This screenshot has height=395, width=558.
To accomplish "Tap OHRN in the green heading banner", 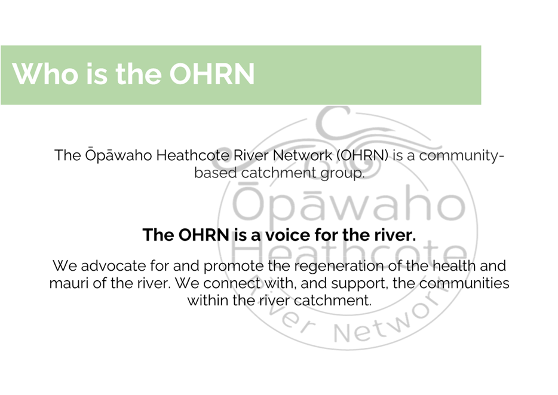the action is pyautogui.click(x=211, y=74).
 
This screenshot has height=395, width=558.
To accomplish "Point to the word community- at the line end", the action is pyautogui.click(x=462, y=156).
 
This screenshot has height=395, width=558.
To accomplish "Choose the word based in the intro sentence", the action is pyautogui.click(x=215, y=173).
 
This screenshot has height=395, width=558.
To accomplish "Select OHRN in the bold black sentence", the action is pyautogui.click(x=204, y=235).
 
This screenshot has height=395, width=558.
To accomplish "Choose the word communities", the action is pyautogui.click(x=464, y=283).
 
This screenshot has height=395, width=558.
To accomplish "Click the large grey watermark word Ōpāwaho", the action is pyautogui.click(x=349, y=203).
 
